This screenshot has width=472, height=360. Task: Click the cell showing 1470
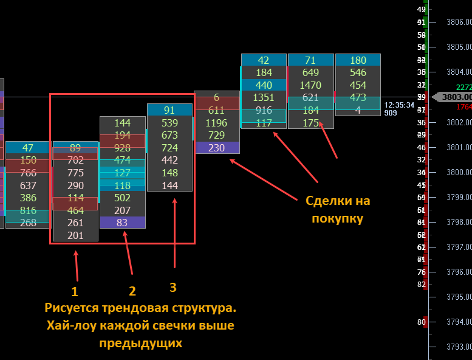[x=310, y=85]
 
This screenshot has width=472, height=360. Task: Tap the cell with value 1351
[x=264, y=98]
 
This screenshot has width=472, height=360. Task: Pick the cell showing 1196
[x=216, y=123]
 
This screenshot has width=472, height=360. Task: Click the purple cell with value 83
[x=122, y=223]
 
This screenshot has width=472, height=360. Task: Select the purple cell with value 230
[x=216, y=148]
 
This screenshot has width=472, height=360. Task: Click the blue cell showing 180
[x=358, y=60]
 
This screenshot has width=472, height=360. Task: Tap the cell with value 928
[x=122, y=148]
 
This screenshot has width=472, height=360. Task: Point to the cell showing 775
[x=75, y=173]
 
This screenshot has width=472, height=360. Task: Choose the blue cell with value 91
[x=169, y=110]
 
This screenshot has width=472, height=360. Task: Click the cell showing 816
[x=28, y=210]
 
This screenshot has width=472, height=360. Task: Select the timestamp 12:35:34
[x=399, y=105]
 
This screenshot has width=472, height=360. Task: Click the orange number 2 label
[x=132, y=291]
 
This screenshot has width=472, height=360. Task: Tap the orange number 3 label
[x=173, y=287]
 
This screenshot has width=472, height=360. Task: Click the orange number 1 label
[x=75, y=291]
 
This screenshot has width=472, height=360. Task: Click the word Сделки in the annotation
[x=324, y=201]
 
